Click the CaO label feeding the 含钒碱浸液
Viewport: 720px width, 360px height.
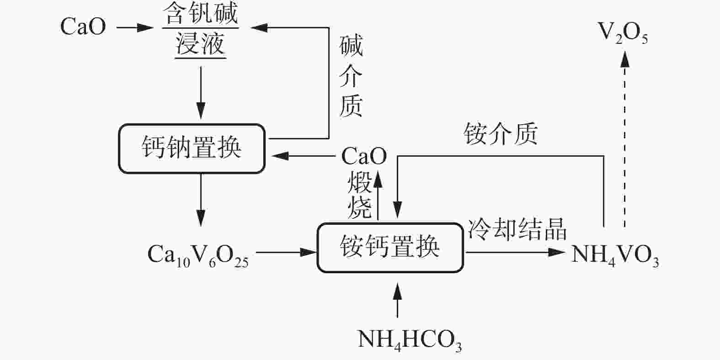(x=83, y=27)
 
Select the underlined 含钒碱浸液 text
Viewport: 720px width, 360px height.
(x=201, y=29)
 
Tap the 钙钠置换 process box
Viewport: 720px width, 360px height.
(x=192, y=149)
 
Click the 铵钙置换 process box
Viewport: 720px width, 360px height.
(x=390, y=248)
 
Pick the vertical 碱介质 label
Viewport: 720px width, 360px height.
(x=351, y=76)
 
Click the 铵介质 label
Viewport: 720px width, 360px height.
(x=501, y=134)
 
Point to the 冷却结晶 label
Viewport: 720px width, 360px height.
(x=517, y=228)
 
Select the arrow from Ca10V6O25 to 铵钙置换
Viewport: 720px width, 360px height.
(x=286, y=252)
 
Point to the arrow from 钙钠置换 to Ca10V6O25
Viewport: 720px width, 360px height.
(x=201, y=199)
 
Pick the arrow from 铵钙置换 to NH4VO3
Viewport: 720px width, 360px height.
(x=515, y=252)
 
